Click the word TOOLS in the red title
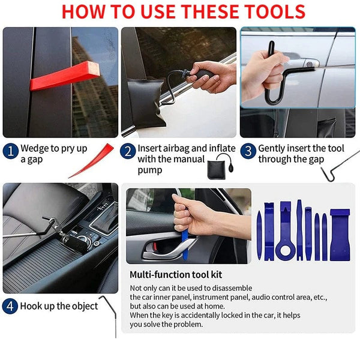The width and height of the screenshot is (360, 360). [x=264, y=11]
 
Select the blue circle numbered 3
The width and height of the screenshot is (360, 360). [x=248, y=151]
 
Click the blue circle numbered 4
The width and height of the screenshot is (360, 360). [x=10, y=306]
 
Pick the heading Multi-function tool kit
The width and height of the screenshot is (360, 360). [x=176, y=275]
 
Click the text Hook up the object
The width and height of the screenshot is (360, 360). [x=59, y=306]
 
